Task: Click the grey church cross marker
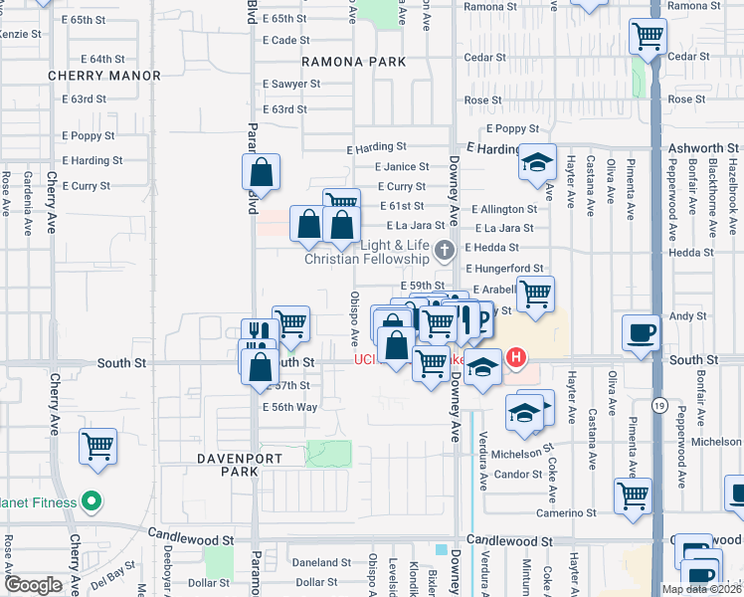pyautogui.click(x=445, y=249)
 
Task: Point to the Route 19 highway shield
pyautogui.click(x=658, y=405)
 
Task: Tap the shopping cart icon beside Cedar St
pyautogui.click(x=649, y=38)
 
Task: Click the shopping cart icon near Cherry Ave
pyautogui.click(x=97, y=447)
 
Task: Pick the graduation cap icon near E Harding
pyautogui.click(x=537, y=162)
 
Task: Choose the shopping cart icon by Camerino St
pyautogui.click(x=633, y=497)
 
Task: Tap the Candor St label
pyautogui.click(x=517, y=475)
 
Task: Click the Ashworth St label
pyautogui.click(x=700, y=148)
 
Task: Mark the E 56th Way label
pyautogui.click(x=289, y=408)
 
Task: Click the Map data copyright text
pyautogui.click(x=700, y=589)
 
